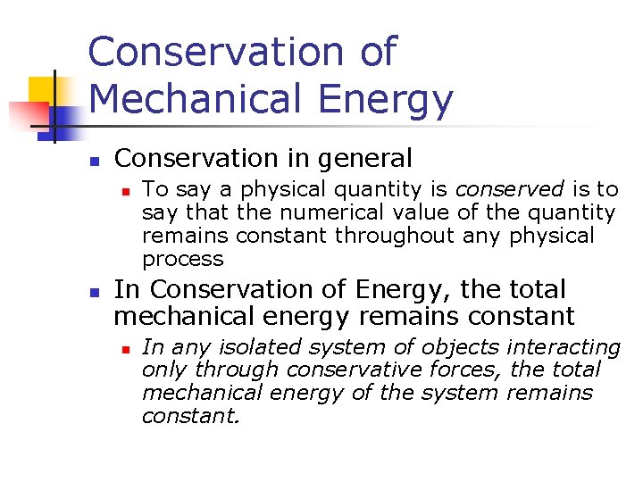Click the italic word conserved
(510, 189)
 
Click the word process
(182, 260)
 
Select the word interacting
(564, 347)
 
